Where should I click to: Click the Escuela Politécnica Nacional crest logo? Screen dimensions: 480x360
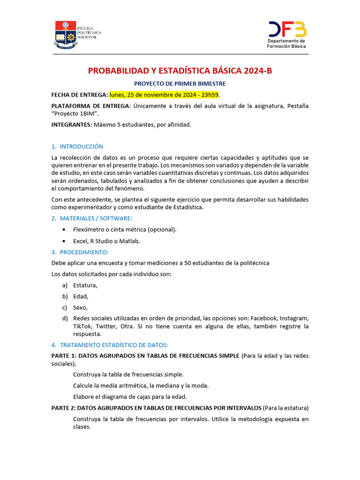point(65,35)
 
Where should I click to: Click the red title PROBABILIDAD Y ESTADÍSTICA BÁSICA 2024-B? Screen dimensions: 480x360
point(180,71)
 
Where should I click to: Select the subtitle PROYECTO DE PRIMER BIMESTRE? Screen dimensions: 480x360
point(180,83)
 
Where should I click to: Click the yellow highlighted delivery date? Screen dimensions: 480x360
point(161,95)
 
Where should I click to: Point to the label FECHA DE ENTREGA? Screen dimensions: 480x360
point(79,95)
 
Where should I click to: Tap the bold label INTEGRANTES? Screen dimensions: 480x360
point(71,125)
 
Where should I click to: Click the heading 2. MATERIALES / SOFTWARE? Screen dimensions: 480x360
point(92,218)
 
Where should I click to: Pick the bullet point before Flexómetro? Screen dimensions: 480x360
point(64,230)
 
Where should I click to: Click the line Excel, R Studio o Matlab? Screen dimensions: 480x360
point(107,241)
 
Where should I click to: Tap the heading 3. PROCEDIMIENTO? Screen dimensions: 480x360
point(80,252)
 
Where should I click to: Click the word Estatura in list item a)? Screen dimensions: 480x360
point(85,285)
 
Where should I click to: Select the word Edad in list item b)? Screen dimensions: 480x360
point(80,296)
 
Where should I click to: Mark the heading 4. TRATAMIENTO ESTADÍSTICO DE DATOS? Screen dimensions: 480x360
point(110,345)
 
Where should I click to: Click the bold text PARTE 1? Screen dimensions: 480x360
point(63,356)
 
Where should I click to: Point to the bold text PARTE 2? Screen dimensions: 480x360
point(63,408)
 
